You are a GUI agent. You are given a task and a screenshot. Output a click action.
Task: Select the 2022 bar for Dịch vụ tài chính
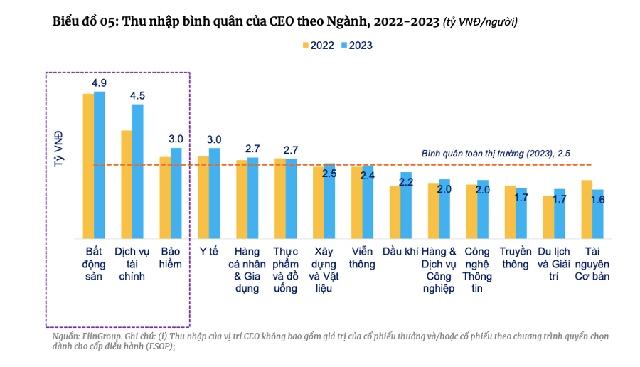click(x=127, y=184)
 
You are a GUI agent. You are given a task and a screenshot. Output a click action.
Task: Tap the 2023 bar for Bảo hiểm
click(x=176, y=193)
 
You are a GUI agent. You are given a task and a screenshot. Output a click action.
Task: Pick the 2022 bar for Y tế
click(x=203, y=197)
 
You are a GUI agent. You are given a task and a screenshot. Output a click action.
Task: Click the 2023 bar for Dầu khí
click(x=406, y=205)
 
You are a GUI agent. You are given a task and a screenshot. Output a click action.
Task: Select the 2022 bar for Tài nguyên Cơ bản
click(x=587, y=209)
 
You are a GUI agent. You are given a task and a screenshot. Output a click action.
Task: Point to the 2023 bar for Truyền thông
click(x=521, y=213)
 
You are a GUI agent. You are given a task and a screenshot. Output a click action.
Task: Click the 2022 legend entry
click(x=319, y=45)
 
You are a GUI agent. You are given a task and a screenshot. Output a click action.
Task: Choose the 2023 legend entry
click(x=356, y=45)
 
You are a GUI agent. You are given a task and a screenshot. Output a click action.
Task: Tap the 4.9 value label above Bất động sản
click(x=99, y=83)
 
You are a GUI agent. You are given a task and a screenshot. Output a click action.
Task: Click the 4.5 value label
click(x=137, y=96)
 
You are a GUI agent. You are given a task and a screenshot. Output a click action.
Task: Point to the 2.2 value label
click(x=406, y=182)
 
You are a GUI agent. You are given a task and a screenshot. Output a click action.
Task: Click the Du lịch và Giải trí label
click(x=554, y=264)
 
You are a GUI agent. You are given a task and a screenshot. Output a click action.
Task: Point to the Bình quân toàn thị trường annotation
click(x=496, y=153)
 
